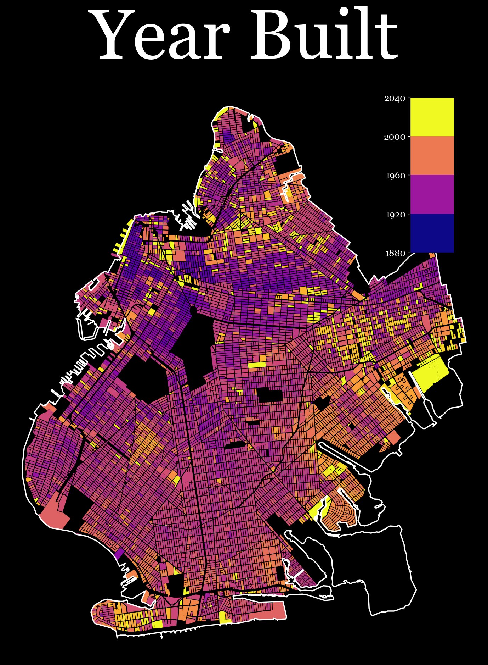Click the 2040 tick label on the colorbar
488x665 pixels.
[x=395, y=98]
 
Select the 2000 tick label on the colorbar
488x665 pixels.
[x=395, y=137]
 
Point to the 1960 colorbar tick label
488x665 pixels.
[x=395, y=176]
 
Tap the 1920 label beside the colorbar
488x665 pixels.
[x=395, y=215]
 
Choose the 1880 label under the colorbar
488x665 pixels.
[x=395, y=253]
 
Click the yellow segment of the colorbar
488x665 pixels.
[x=432, y=117]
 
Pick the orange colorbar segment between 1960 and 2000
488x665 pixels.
[x=432, y=155]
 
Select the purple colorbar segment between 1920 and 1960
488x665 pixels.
[x=432, y=194]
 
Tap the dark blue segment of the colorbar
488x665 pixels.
[x=432, y=233]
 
